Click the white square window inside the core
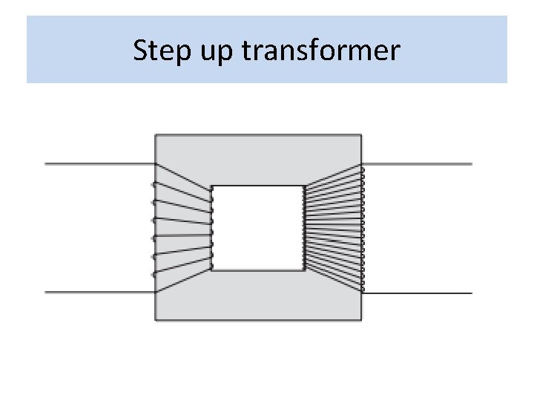click(x=258, y=228)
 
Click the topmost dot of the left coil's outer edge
click(x=154, y=184)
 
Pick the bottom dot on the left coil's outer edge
click(x=154, y=275)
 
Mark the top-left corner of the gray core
click(x=155, y=134)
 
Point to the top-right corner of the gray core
click(x=361, y=134)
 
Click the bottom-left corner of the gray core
click(x=155, y=320)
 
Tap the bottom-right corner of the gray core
click(x=361, y=320)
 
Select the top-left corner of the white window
click(x=212, y=186)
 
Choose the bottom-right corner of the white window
click(x=304, y=270)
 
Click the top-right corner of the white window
click(x=304, y=186)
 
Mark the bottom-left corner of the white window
click(x=212, y=270)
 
